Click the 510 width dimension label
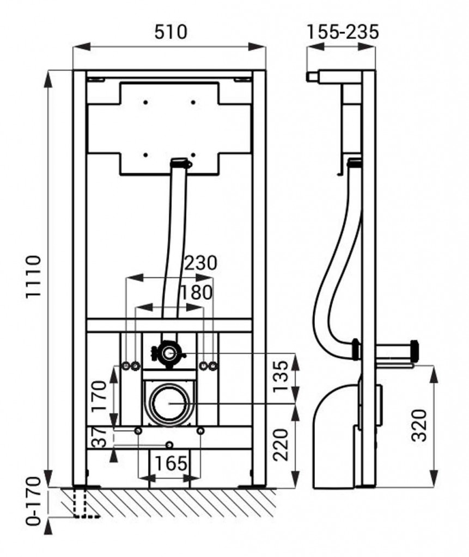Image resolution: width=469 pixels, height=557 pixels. pos(170,32)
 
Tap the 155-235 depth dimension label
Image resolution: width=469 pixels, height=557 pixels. pos(343,32)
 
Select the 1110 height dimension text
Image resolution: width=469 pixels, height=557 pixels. pos(33,277)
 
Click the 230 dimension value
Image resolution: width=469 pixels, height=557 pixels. pos(200,263)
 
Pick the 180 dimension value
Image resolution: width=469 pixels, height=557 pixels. pos(196,292)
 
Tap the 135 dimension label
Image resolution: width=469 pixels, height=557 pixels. pos(281,376)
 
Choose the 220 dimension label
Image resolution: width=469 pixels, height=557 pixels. pos(281,445)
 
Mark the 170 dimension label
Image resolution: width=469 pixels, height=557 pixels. pos(99,396)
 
